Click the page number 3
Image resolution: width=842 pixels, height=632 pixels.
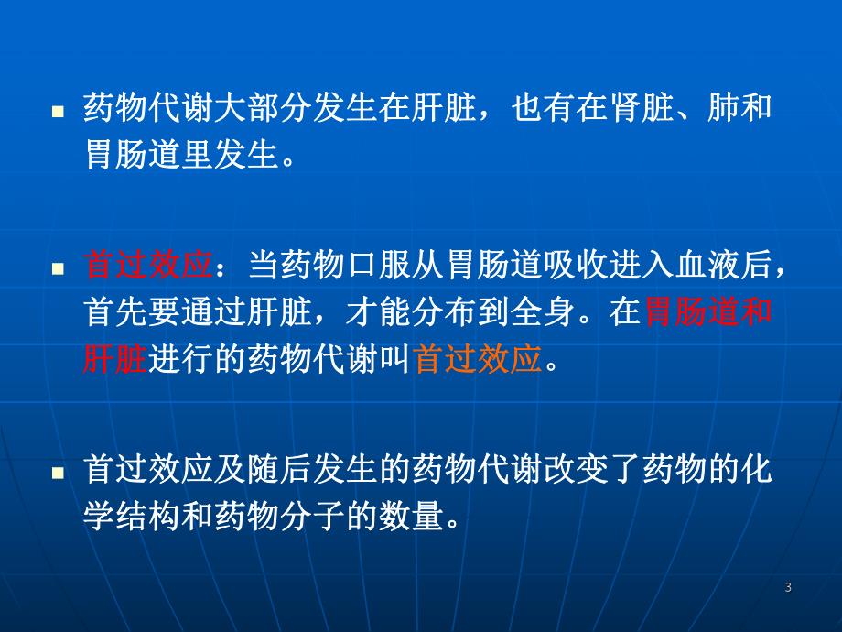coord(788,588)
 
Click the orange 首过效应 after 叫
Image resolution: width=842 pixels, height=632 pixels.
coord(479,360)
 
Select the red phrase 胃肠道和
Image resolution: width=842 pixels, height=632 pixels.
coord(708,313)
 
